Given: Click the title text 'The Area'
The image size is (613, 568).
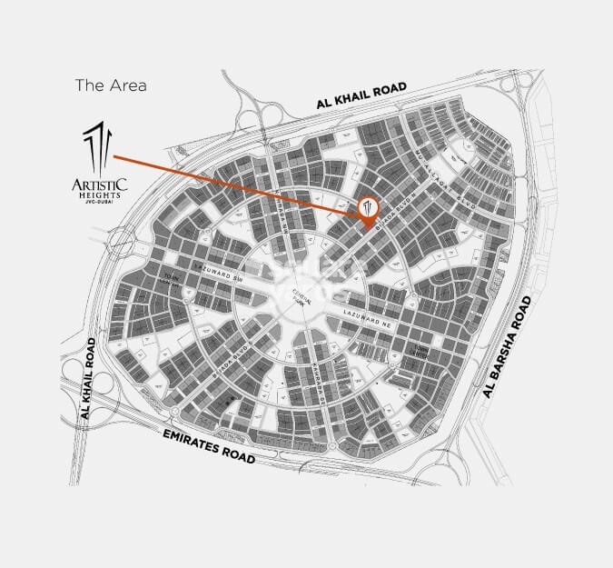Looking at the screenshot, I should coord(110,86).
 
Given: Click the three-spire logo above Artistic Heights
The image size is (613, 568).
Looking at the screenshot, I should coord(99,146).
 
